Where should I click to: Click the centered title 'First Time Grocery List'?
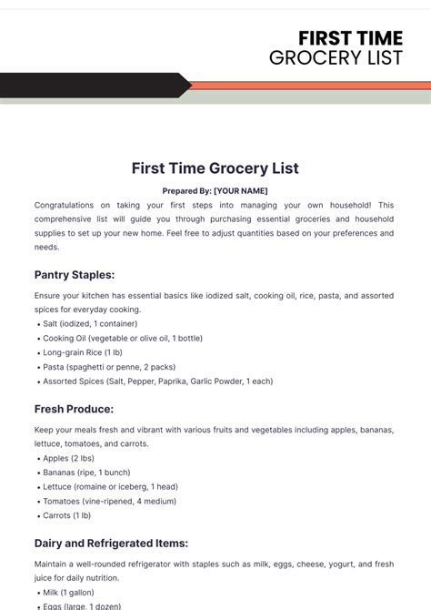215,168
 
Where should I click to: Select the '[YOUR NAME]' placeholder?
241,191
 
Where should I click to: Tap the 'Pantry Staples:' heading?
75,274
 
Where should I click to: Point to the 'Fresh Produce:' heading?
74,409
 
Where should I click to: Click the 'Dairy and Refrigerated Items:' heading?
111,544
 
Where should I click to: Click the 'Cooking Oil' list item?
122,338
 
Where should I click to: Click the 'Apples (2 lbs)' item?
68,458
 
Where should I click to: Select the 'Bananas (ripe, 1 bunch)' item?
87,473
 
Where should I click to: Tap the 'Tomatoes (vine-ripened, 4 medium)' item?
109,502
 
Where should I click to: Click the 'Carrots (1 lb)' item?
67,515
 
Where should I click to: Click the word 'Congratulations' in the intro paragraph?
66,206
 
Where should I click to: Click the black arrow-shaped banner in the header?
91,86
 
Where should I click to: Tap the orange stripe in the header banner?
309,86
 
